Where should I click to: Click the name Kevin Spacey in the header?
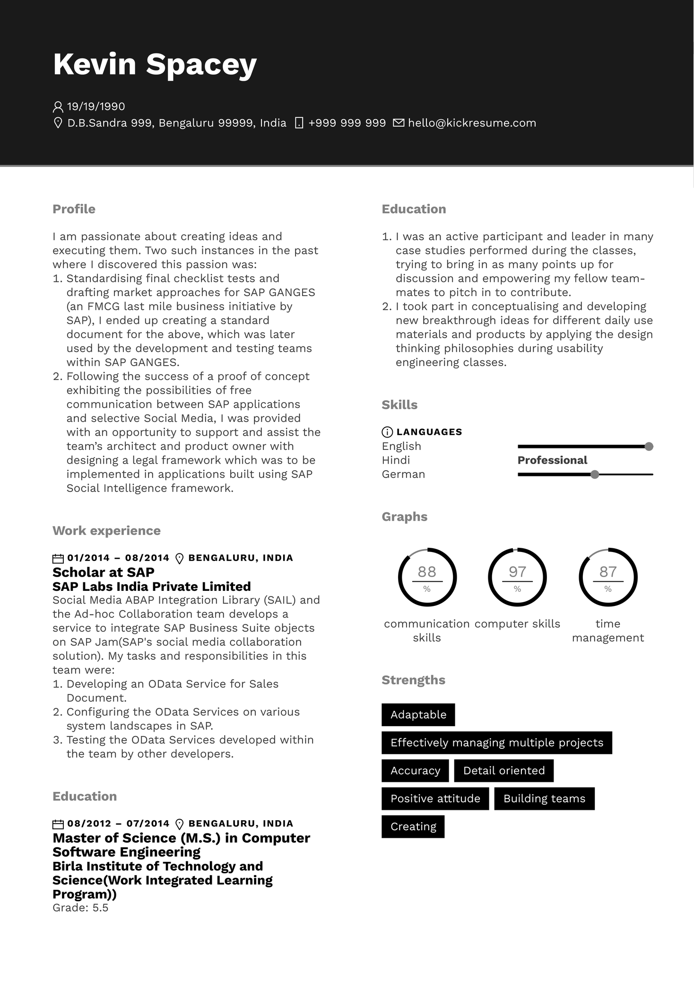click(155, 64)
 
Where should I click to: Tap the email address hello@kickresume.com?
click(472, 123)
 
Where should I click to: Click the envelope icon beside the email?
click(399, 123)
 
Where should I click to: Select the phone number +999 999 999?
click(347, 123)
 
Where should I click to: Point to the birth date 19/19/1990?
click(96, 106)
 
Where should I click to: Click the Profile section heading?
click(74, 209)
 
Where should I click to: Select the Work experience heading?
click(106, 531)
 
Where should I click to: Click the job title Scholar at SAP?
click(104, 572)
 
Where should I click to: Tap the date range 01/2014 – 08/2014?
click(118, 558)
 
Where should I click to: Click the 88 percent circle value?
click(427, 572)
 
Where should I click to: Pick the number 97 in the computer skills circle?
click(517, 572)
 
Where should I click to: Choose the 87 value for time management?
click(608, 572)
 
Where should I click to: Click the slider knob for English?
click(649, 447)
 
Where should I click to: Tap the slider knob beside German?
click(595, 474)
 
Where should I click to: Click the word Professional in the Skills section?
click(552, 460)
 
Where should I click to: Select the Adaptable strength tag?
click(418, 715)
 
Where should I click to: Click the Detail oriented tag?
click(503, 771)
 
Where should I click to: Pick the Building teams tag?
click(544, 798)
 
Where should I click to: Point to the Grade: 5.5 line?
click(80, 908)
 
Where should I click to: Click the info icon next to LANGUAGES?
click(387, 432)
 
